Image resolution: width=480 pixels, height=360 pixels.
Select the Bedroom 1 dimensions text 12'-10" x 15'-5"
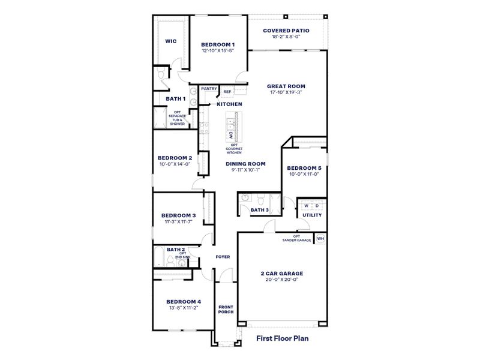(218, 51)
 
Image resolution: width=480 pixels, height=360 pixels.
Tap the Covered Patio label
(286, 30)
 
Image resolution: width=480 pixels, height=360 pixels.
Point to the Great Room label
(286, 86)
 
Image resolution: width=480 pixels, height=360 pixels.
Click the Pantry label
(209, 89)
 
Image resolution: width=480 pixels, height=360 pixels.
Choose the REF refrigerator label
(227, 92)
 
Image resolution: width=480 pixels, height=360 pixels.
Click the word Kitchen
(229, 104)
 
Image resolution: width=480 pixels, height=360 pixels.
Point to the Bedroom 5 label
(304, 168)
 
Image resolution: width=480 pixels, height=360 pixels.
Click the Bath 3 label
(259, 210)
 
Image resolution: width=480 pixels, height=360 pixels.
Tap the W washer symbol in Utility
(306, 206)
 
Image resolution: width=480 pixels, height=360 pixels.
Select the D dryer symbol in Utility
(317, 206)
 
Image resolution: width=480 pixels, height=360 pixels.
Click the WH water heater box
(320, 238)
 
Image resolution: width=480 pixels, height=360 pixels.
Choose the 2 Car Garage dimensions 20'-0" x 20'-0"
(281, 279)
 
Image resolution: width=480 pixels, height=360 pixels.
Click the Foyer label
(223, 257)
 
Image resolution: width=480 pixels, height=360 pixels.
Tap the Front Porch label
(226, 309)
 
